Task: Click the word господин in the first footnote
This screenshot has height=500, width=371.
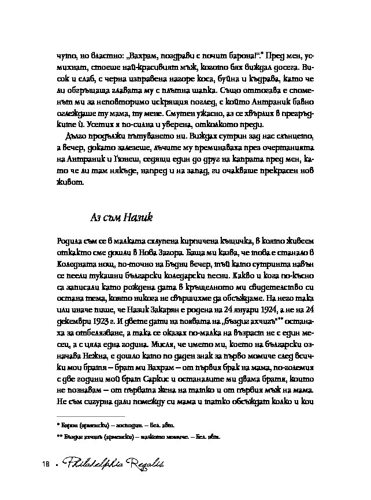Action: click(x=132, y=425)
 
